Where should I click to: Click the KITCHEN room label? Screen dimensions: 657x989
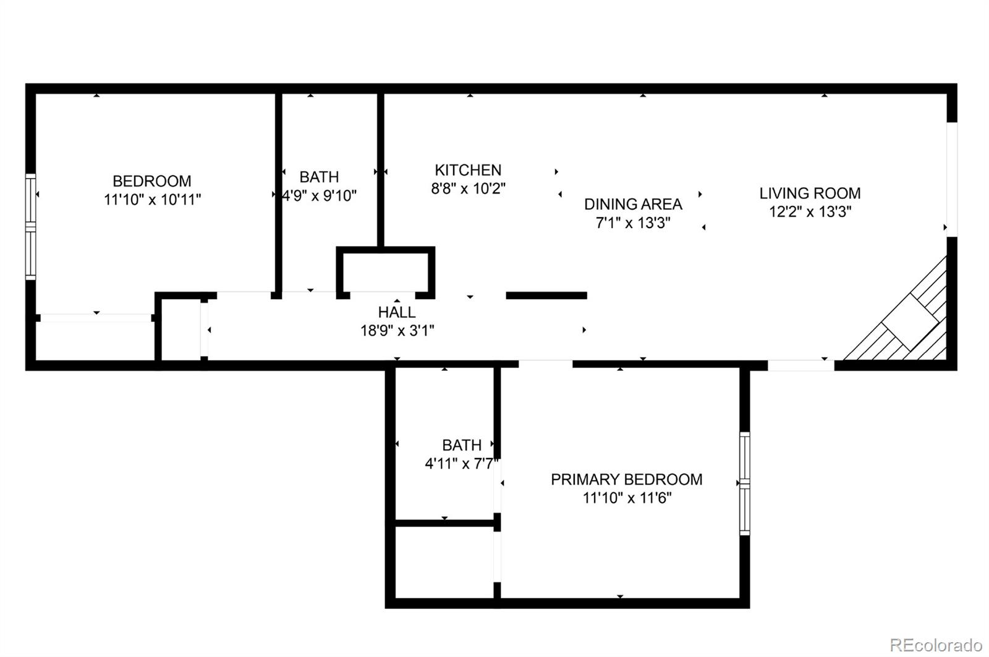click(468, 170)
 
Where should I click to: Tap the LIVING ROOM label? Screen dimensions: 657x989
click(810, 193)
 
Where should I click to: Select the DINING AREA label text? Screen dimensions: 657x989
click(633, 204)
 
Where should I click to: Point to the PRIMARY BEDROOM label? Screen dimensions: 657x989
click(626, 480)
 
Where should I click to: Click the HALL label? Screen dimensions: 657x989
click(397, 312)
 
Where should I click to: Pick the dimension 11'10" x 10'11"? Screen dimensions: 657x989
click(153, 200)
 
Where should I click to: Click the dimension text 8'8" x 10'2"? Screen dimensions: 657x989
click(468, 189)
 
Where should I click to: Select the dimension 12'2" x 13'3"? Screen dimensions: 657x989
click(810, 212)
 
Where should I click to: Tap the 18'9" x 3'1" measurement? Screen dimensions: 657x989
click(397, 331)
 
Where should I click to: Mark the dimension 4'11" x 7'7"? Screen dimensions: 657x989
click(461, 464)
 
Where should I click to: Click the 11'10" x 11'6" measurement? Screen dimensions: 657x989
click(626, 498)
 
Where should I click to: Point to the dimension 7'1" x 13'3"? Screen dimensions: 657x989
click(633, 223)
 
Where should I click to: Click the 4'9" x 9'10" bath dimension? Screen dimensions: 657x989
click(320, 196)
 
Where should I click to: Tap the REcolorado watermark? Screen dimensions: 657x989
click(935, 645)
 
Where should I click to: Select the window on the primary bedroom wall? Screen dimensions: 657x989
click(745, 483)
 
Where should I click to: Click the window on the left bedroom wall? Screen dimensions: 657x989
click(30, 226)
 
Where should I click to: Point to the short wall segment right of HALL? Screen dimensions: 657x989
click(546, 295)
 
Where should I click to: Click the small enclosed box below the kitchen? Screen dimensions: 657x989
click(385, 271)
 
